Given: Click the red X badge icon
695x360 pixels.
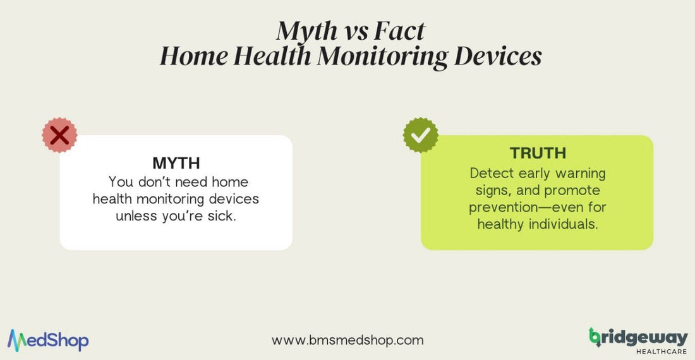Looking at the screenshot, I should coord(59,135).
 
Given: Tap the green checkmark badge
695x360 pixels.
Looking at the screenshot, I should coord(421,135).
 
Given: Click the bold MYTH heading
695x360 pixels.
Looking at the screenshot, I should coord(176,163).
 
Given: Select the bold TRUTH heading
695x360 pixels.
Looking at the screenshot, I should coord(538,153).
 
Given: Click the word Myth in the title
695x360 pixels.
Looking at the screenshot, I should coord(302,30).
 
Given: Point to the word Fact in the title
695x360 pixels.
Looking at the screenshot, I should coord(397,30).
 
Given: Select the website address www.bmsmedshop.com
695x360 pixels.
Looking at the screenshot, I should coord(347,340).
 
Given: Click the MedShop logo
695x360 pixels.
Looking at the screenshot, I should coord(48,340).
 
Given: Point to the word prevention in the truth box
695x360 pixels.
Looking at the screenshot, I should coord(507,207).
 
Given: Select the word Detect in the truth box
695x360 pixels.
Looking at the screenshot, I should coord(490,173).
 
